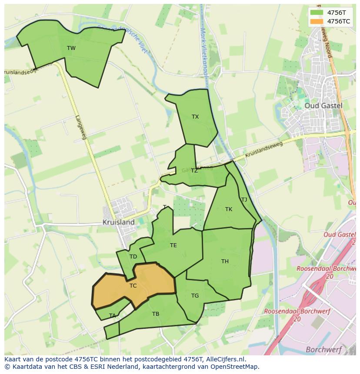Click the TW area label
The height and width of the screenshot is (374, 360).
pyautogui.click(x=71, y=48)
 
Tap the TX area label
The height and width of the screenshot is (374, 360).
pyautogui.click(x=195, y=117)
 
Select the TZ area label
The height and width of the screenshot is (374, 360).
pyautogui.click(x=194, y=171)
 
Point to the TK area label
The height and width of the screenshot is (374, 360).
pyautogui.click(x=229, y=209)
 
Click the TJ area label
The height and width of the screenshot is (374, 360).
pyautogui.click(x=244, y=200)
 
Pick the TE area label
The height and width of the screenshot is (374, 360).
pyautogui.click(x=173, y=245)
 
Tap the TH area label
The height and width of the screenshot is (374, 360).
pyautogui.click(x=225, y=261)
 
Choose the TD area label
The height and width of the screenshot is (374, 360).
pyautogui.click(x=133, y=257)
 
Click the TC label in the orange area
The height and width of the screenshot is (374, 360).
pyautogui.click(x=133, y=286)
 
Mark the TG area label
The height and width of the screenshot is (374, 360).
pyautogui.click(x=195, y=296)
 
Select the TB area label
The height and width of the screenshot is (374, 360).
pyautogui.click(x=156, y=314)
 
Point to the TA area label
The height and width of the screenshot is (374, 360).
pyautogui.click(x=113, y=316)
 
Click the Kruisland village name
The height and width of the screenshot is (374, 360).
pyautogui.click(x=118, y=222)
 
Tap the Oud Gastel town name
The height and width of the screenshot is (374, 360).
pyautogui.click(x=323, y=106)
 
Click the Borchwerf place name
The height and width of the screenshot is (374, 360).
pyautogui.click(x=323, y=349)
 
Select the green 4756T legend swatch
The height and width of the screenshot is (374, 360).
pyautogui.click(x=317, y=13)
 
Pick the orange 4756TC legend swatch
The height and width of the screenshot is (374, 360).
pyautogui.click(x=317, y=21)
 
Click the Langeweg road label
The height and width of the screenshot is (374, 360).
pyautogui.click(x=81, y=127)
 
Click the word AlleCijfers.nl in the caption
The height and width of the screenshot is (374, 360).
pyautogui.click(x=225, y=359)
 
